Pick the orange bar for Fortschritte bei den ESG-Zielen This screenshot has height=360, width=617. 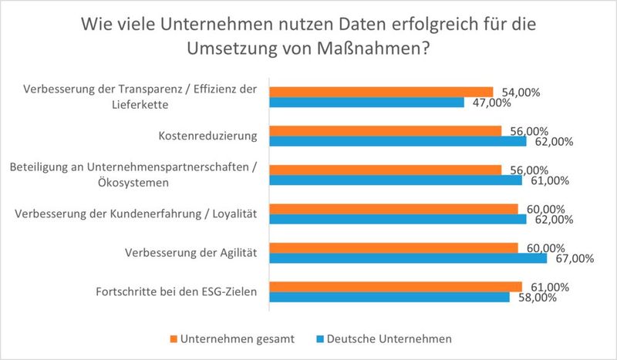(x=394, y=287)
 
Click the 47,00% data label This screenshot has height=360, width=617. (x=488, y=103)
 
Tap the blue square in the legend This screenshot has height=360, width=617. (x=320, y=338)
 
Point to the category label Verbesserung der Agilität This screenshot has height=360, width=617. (x=190, y=253)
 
